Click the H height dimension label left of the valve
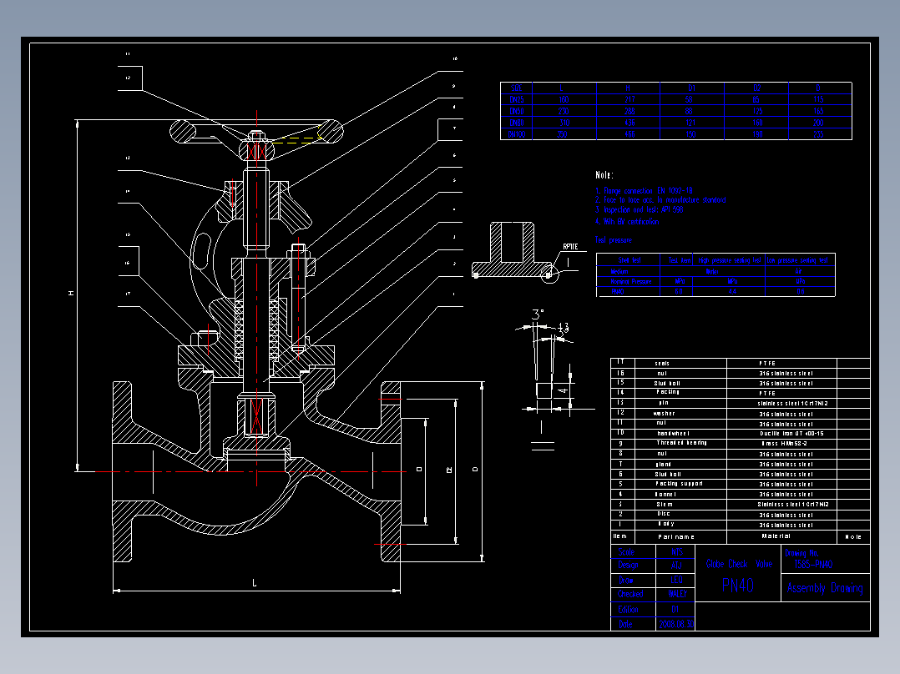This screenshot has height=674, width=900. click(x=71, y=293)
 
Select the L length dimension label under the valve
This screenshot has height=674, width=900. click(x=255, y=583)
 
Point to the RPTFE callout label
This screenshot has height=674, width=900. click(x=570, y=247)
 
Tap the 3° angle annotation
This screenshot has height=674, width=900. click(x=538, y=314)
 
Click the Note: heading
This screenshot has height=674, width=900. click(x=604, y=175)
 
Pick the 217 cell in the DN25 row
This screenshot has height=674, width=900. click(x=630, y=99)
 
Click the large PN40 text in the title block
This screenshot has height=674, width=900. click(x=737, y=586)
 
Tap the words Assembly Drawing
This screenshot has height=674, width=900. click(x=825, y=588)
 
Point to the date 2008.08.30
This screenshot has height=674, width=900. click(x=676, y=624)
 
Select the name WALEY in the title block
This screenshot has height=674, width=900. click(x=677, y=595)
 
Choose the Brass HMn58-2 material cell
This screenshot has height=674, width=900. click(x=784, y=444)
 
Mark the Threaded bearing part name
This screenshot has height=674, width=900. click(x=681, y=444)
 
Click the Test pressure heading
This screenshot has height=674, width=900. click(x=613, y=240)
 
